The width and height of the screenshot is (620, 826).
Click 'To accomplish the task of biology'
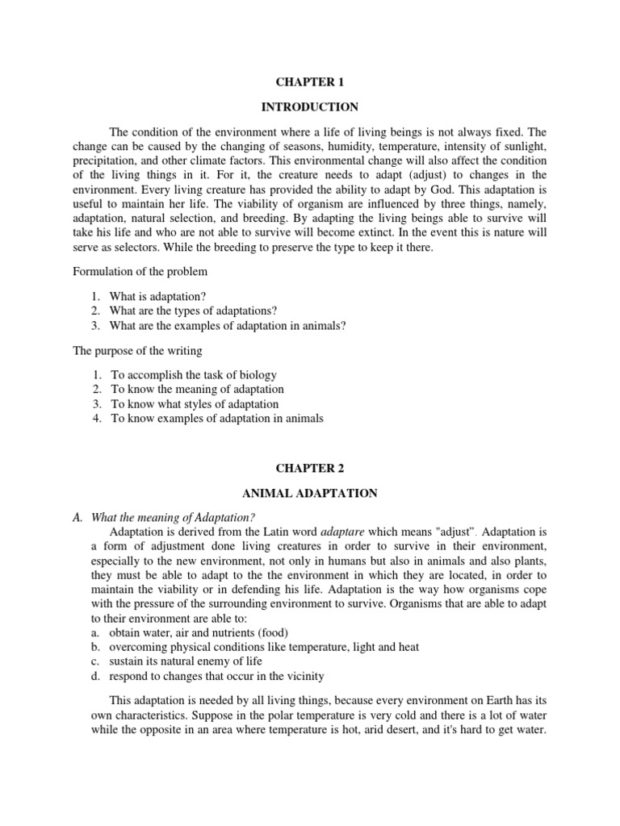click(x=194, y=375)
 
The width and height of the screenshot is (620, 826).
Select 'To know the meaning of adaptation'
click(x=197, y=390)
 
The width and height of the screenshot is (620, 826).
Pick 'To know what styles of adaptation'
click(x=195, y=404)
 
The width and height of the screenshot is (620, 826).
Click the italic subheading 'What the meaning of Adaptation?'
click(x=178, y=517)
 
